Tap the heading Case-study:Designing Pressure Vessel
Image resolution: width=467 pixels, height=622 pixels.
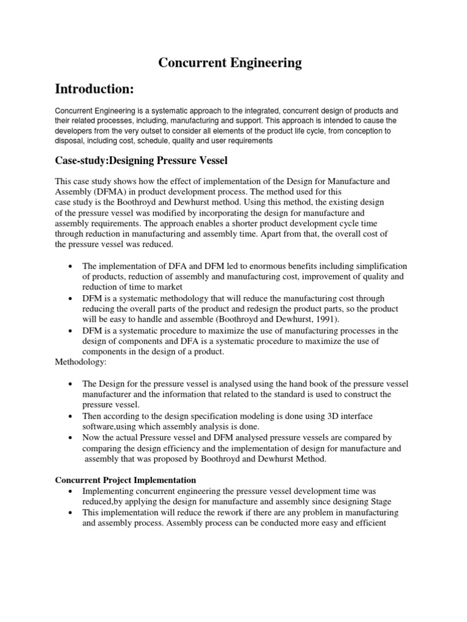click(x=141, y=160)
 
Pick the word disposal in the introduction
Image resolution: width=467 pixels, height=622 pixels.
click(x=71, y=141)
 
